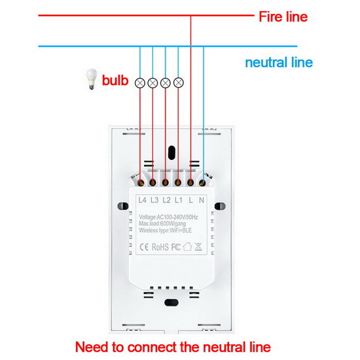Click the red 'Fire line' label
tap(283, 17)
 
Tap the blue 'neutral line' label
tap(279, 62)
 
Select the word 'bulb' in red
tap(115, 81)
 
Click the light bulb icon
tap(91, 79)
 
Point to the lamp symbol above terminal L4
tap(140, 83)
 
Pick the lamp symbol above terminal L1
tap(179, 82)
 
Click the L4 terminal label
tap(142, 200)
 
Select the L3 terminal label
tap(154, 200)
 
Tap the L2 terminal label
tap(166, 200)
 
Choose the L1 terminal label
tap(179, 200)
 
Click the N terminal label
tap(202, 200)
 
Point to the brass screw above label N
tap(202, 183)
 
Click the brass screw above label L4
tap(141, 183)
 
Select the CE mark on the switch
tap(144, 247)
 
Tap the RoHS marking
tap(160, 247)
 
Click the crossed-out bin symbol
tap(198, 247)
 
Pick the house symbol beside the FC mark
tap(187, 247)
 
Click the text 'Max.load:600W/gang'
tap(162, 224)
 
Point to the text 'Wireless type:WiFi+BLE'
tap(165, 230)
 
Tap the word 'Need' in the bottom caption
tap(92, 347)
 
